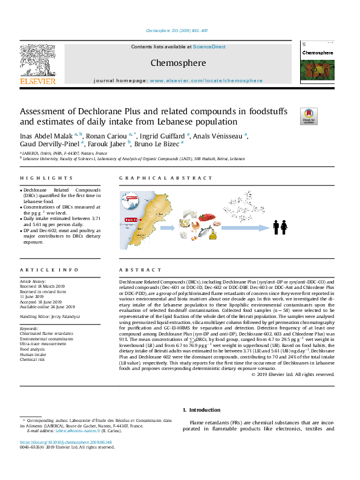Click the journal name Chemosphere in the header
coord(178,63)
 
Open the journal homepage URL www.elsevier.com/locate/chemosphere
coord(206,80)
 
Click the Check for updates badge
coord(309,115)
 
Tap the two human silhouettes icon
coord(280,227)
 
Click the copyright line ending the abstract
coord(292,374)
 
